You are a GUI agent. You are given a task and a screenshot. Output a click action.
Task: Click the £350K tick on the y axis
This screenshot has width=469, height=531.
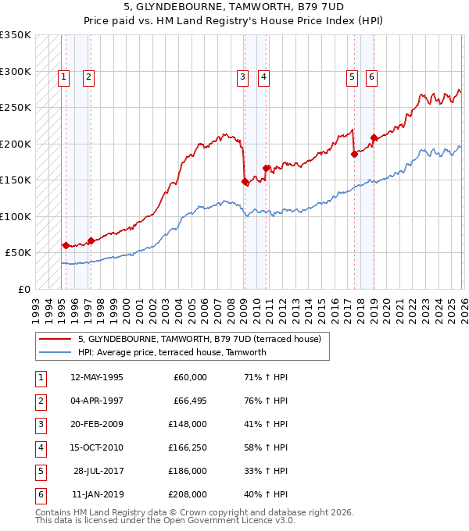point(16,35)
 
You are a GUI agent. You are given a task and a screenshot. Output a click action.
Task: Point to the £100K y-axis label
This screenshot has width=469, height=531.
point(16,216)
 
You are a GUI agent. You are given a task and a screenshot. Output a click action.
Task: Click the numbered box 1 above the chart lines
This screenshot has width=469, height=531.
point(63,77)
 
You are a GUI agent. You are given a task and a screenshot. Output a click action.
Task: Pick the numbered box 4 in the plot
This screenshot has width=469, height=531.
point(264,77)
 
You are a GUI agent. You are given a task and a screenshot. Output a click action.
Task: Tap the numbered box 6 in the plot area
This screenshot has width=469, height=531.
point(371,77)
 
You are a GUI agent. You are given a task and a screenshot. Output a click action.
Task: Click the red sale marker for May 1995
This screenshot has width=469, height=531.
point(66,245)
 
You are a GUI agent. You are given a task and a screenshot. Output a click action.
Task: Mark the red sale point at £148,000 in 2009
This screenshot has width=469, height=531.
point(245,182)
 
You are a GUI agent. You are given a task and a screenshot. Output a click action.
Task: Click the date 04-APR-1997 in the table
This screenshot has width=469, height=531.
point(97,401)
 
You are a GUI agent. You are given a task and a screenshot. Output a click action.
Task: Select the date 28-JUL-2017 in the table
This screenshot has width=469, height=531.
point(97,471)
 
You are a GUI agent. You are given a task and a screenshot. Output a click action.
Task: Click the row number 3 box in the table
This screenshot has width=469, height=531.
point(39,424)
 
